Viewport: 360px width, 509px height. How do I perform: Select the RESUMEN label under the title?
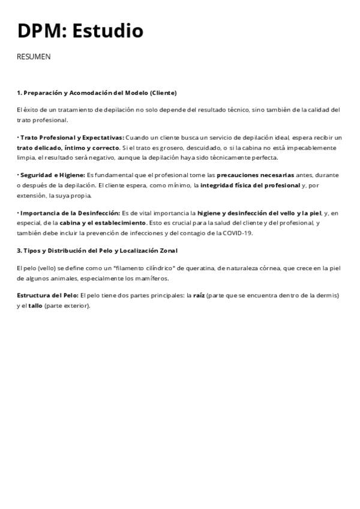[34, 57]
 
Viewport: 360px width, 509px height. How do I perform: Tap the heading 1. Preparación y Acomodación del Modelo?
[97, 93]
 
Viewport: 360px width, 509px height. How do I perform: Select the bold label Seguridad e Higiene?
[52, 175]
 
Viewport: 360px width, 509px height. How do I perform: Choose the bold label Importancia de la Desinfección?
[69, 213]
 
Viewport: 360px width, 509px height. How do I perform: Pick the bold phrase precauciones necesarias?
[255, 175]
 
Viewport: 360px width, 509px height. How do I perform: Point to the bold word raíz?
[198, 295]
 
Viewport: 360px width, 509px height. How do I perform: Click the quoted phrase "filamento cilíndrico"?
[147, 268]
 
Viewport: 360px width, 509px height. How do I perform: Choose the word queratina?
[211, 268]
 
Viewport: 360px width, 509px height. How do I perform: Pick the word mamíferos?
[152, 278]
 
